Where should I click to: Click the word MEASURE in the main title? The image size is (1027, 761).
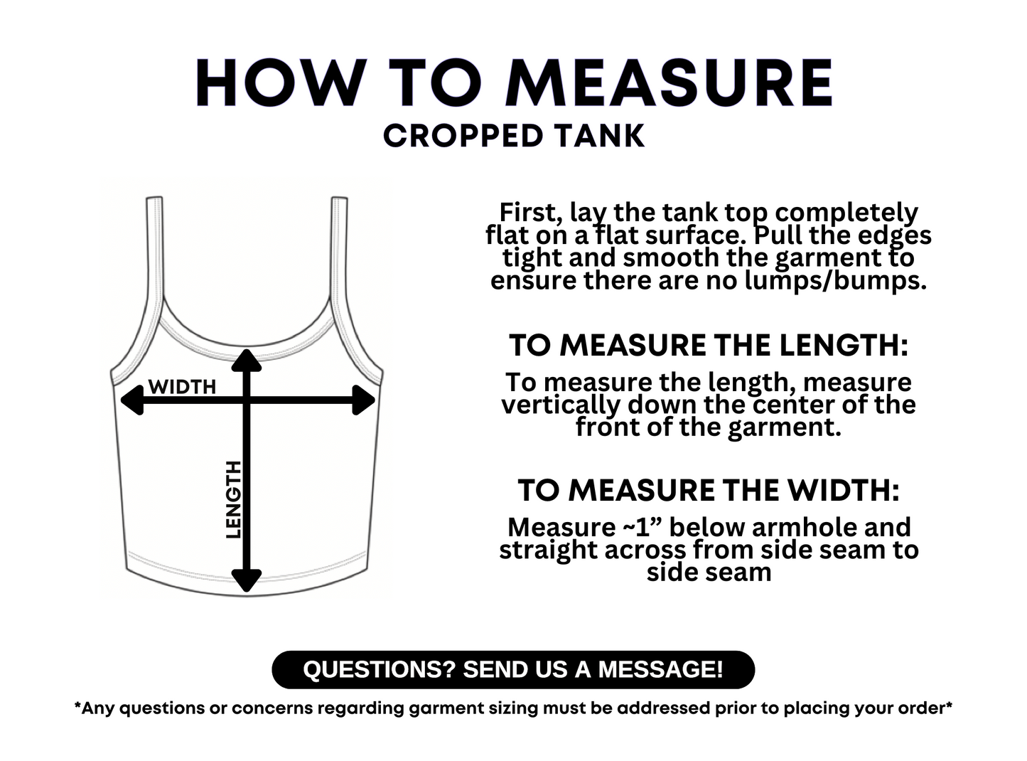(x=669, y=83)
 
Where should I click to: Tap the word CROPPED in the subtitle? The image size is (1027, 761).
(x=463, y=137)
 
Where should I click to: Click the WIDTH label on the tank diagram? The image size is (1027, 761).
(x=182, y=387)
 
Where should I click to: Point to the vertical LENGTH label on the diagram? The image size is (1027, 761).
(x=233, y=499)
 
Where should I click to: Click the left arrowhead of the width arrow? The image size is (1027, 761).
(x=132, y=400)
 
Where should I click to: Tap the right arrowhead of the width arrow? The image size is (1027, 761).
(x=363, y=400)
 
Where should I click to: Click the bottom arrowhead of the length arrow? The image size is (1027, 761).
(x=247, y=581)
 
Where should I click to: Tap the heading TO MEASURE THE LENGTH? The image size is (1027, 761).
(x=709, y=346)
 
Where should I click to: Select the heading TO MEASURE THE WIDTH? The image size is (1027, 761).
(x=709, y=490)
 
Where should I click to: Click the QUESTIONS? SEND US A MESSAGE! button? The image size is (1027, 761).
(x=513, y=669)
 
